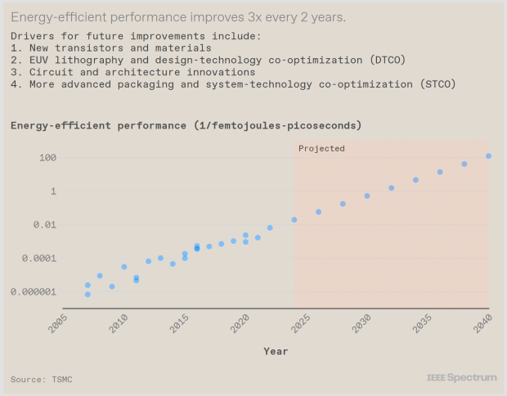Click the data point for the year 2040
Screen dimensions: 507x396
pyautogui.click(x=488, y=156)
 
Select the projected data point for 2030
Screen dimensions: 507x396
pyautogui.click(x=367, y=196)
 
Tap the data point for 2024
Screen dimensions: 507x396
pyautogui.click(x=294, y=219)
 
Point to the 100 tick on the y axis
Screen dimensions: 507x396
pyautogui.click(x=48, y=158)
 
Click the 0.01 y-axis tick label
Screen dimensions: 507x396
pyautogui.click(x=45, y=224)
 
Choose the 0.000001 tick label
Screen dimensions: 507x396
pyautogui.click(x=34, y=292)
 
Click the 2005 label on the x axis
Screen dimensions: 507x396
pyautogui.click(x=58, y=323)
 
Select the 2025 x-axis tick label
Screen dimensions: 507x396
pyautogui.click(x=301, y=323)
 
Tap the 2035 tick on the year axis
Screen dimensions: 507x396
pyautogui.click(x=423, y=323)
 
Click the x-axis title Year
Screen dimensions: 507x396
pyautogui.click(x=276, y=351)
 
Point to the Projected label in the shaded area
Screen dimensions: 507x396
pyautogui.click(x=321, y=149)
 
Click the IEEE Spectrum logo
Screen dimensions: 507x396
pyautogui.click(x=462, y=377)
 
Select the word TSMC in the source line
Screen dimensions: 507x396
pyautogui.click(x=62, y=379)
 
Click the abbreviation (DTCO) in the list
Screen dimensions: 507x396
pyautogui.click(x=388, y=60)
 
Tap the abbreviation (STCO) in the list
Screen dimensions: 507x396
pyautogui.click(x=437, y=84)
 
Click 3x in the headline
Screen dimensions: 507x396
pyautogui.click(x=255, y=17)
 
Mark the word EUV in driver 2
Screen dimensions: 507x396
pyautogui.click(x=38, y=60)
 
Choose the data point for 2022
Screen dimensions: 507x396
pyautogui.click(x=270, y=227)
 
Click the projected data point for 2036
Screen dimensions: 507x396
pyautogui.click(x=440, y=172)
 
